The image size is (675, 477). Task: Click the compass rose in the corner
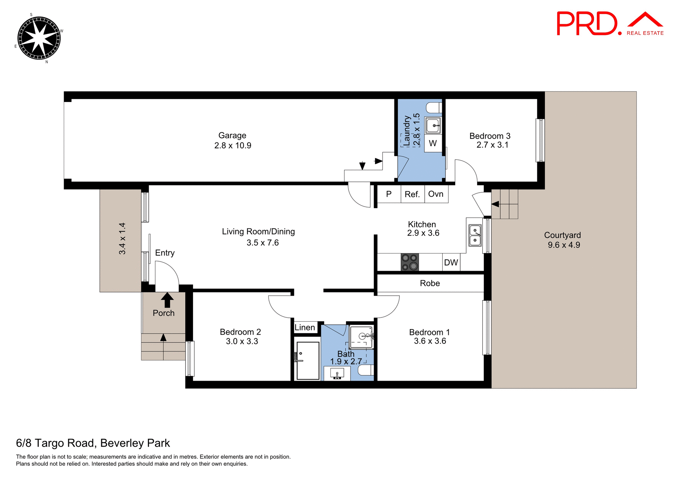point(39,38)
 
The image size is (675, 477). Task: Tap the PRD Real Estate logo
point(610,24)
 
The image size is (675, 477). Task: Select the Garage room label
point(232,136)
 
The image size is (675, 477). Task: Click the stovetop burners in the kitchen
point(410,262)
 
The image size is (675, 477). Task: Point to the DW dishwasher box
point(451,263)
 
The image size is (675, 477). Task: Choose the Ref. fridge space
point(412,194)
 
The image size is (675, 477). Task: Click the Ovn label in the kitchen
point(436,194)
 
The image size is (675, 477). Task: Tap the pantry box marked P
point(389,194)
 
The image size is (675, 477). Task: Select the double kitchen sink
point(475,236)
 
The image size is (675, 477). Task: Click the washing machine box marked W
point(433,143)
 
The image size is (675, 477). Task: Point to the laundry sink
point(433,125)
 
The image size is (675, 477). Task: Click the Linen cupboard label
point(305,328)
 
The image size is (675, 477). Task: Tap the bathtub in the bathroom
point(308,361)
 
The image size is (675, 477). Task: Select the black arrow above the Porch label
point(167,301)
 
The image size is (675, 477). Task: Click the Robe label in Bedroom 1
point(430,283)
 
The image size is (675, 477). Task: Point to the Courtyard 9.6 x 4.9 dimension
point(564,245)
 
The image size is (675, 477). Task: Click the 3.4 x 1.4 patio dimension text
point(122,239)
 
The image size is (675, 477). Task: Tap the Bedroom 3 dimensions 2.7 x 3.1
point(492,145)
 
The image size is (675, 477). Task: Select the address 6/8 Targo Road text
point(93,443)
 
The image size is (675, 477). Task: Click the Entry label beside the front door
point(165,253)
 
